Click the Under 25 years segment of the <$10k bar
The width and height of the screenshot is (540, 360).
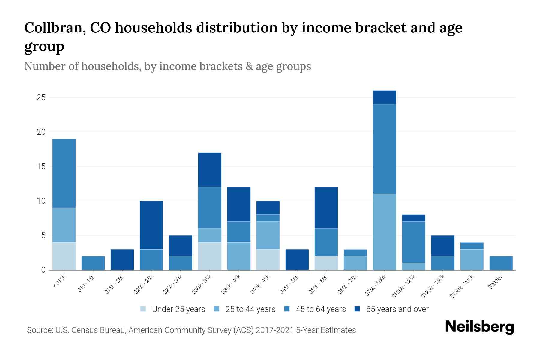[x=64, y=256]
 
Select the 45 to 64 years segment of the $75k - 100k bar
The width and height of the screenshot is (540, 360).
[x=384, y=149]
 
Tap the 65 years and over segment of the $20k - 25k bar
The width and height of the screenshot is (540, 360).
[x=151, y=225]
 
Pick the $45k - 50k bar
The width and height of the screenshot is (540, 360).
[x=297, y=259]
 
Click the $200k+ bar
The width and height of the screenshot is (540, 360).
[x=501, y=263]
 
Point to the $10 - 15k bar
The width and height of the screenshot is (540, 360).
[x=93, y=263]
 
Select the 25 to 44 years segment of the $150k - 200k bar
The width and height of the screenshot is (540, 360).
[x=472, y=259]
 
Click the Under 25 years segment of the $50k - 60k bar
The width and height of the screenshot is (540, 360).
[x=326, y=263]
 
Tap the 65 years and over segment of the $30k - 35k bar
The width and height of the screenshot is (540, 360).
[x=210, y=170]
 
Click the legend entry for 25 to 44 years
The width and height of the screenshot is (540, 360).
[x=250, y=309]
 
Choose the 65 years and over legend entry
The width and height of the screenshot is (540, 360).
[x=397, y=309]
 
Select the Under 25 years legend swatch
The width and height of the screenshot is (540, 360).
[x=143, y=309]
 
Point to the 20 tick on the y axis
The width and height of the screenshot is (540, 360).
[x=41, y=132]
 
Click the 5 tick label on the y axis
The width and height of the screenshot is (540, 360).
[x=43, y=235]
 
